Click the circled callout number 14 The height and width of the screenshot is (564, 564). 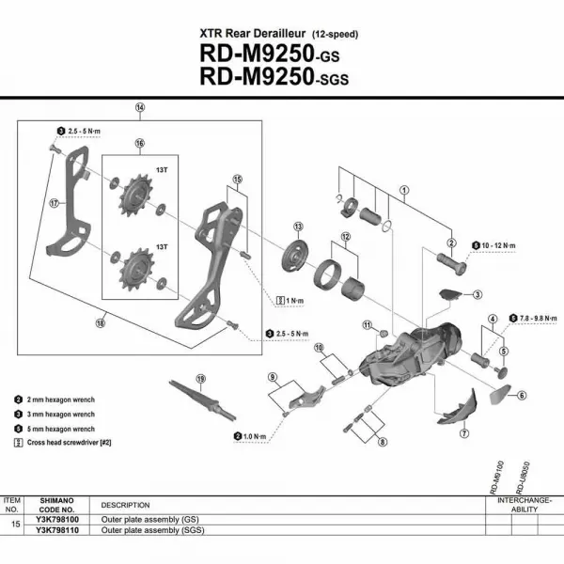click(139, 107)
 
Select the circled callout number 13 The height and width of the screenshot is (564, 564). click(298, 227)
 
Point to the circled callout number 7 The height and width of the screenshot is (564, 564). click(463, 433)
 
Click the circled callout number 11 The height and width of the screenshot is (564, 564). click(368, 324)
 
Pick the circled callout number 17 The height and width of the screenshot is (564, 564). click(55, 201)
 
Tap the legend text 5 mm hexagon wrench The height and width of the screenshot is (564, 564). click(60, 428)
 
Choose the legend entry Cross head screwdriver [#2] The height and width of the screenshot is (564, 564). click(71, 442)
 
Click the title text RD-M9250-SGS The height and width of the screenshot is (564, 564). click(274, 76)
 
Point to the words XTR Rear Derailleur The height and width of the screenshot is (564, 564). click(247, 34)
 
